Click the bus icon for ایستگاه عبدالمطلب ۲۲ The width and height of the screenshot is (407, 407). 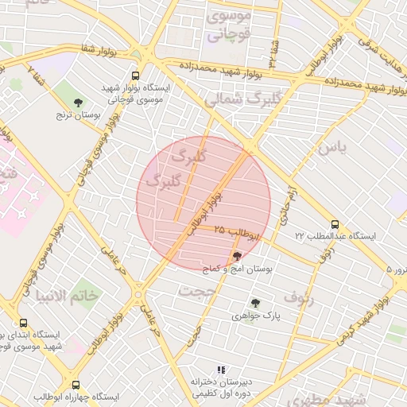pyautogui.click(x=335, y=224)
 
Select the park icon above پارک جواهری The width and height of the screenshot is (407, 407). pyautogui.click(x=254, y=302)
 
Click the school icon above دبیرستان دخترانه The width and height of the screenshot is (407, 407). pyautogui.click(x=222, y=370)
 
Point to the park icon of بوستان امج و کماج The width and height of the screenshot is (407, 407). pyautogui.click(x=237, y=256)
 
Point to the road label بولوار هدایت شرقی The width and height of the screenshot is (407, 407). pyautogui.click(x=378, y=31)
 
